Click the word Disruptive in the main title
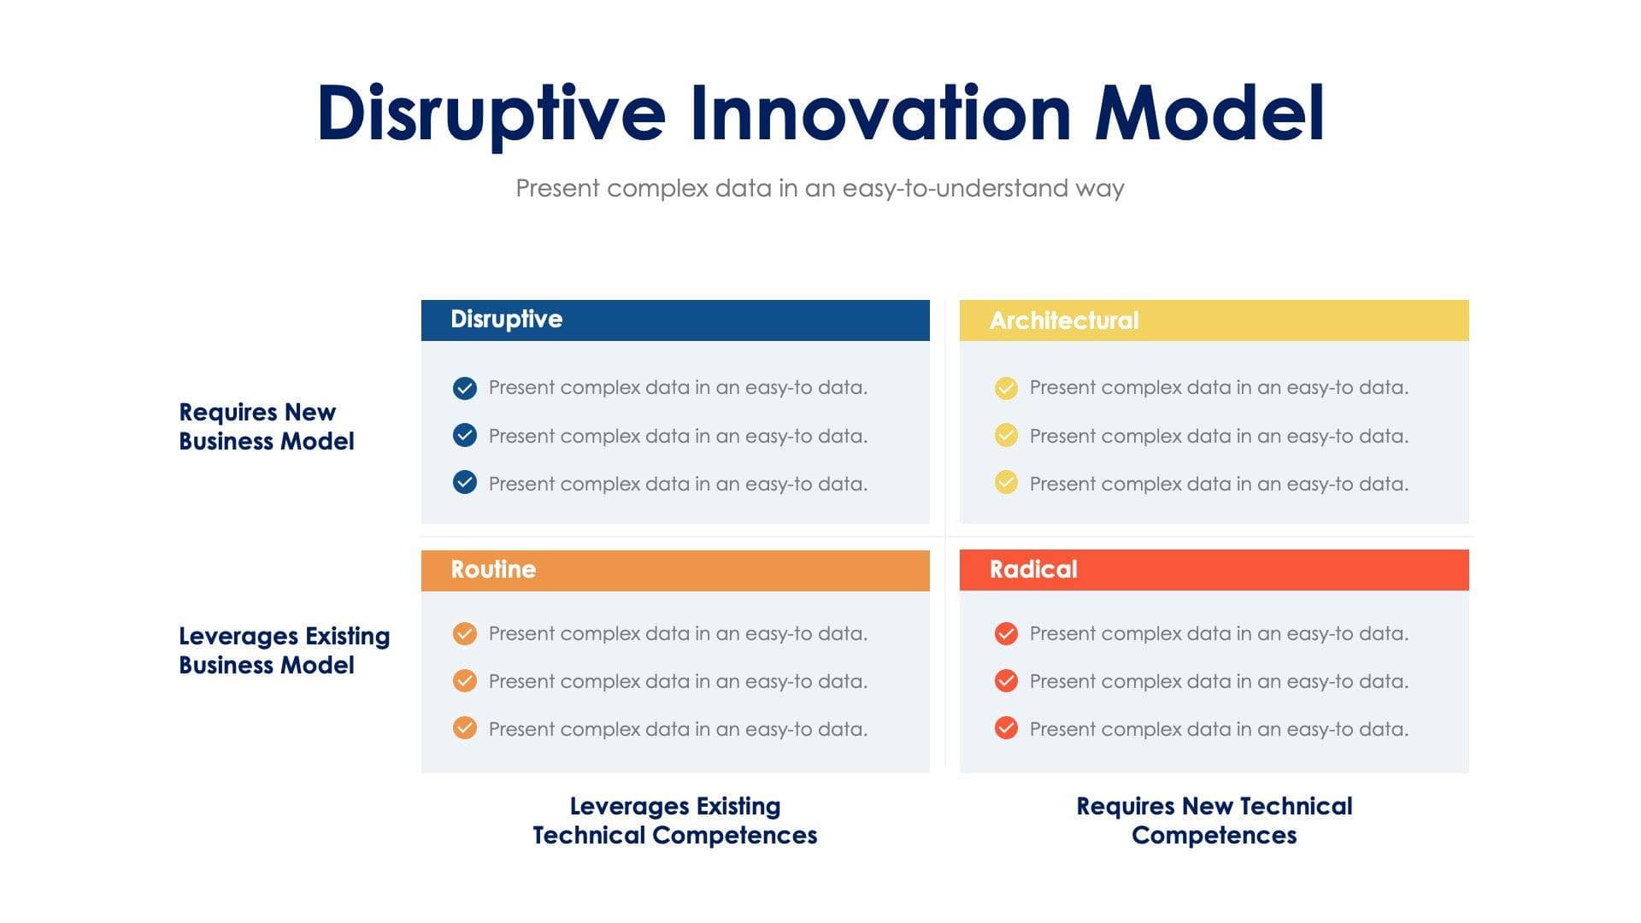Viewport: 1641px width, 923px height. pyautogui.click(x=491, y=114)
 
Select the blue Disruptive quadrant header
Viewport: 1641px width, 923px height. pyautogui.click(x=675, y=320)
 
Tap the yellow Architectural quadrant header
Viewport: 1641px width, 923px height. pyautogui.click(x=1214, y=320)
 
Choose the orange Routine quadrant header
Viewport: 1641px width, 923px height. pyautogui.click(x=675, y=570)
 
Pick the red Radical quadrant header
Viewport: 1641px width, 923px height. pyautogui.click(x=1214, y=570)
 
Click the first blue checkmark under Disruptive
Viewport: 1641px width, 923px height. pyautogui.click(x=464, y=388)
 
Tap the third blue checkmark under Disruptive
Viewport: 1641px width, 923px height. pyautogui.click(x=464, y=483)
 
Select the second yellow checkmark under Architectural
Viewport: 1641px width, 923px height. pyautogui.click(x=1006, y=436)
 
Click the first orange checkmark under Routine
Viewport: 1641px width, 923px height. pyautogui.click(x=464, y=633)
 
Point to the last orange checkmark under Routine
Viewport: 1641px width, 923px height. pyautogui.click(x=464, y=728)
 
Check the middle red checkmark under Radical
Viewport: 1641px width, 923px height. pyautogui.click(x=1006, y=681)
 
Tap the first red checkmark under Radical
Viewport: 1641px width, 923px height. pyautogui.click(x=1006, y=633)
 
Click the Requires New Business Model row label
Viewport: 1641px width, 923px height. pyautogui.click(x=266, y=426)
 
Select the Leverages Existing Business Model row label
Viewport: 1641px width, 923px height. pyautogui.click(x=284, y=650)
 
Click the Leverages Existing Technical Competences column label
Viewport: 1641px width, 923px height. pyautogui.click(x=675, y=820)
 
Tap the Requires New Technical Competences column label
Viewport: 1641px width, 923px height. pyautogui.click(x=1214, y=820)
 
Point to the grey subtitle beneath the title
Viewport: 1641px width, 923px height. pyautogui.click(x=820, y=188)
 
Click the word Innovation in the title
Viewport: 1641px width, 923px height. pyautogui.click(x=879, y=114)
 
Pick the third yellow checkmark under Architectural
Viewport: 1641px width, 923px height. pyautogui.click(x=1006, y=483)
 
